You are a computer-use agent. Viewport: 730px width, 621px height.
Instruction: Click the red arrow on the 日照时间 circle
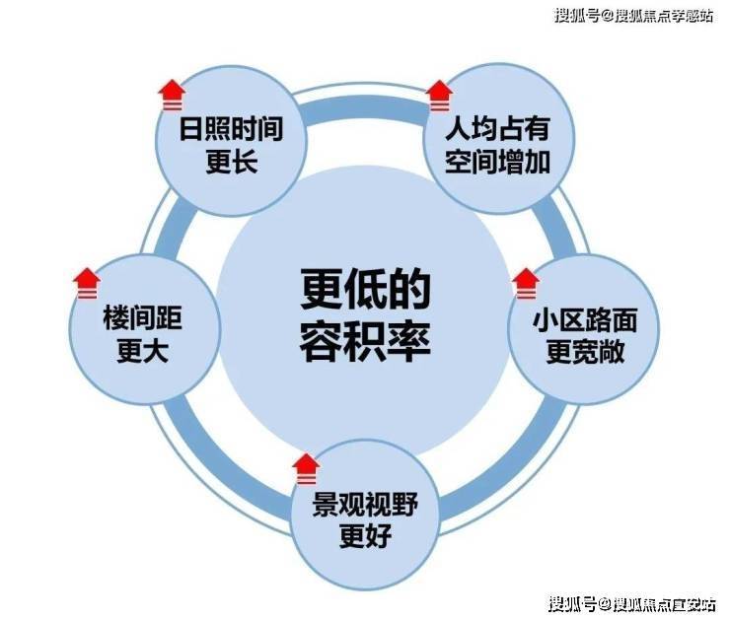(x=172, y=96)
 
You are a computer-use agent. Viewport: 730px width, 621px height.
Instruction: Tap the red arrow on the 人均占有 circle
(x=440, y=97)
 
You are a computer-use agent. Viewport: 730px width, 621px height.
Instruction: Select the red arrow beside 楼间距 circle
(x=87, y=284)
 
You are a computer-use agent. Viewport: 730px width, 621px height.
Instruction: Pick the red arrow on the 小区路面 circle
(x=526, y=284)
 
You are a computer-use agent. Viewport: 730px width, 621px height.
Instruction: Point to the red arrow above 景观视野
(x=307, y=469)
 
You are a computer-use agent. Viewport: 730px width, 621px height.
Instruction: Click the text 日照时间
(x=232, y=129)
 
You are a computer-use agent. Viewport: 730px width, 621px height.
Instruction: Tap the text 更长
(x=232, y=162)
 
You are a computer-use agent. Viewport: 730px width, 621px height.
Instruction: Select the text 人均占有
(x=498, y=129)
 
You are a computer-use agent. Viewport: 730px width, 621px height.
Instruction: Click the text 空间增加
(x=498, y=162)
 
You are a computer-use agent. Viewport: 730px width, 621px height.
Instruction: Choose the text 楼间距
(x=142, y=318)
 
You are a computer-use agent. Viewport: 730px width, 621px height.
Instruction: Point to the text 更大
(x=142, y=351)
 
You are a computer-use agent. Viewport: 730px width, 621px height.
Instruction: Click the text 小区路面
(x=585, y=320)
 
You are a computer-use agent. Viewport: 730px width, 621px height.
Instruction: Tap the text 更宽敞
(x=585, y=352)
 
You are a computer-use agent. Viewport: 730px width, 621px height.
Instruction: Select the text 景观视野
(x=365, y=505)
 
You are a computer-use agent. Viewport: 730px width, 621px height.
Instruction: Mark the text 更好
(x=365, y=536)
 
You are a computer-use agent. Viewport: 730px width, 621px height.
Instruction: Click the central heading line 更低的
(x=365, y=290)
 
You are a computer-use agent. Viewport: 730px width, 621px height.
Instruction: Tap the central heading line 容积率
(x=365, y=341)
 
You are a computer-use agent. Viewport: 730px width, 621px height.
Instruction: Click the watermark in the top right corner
(x=633, y=16)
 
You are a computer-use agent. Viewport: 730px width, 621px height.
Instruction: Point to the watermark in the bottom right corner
(x=631, y=604)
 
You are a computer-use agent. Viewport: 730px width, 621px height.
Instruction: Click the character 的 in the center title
(x=408, y=290)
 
